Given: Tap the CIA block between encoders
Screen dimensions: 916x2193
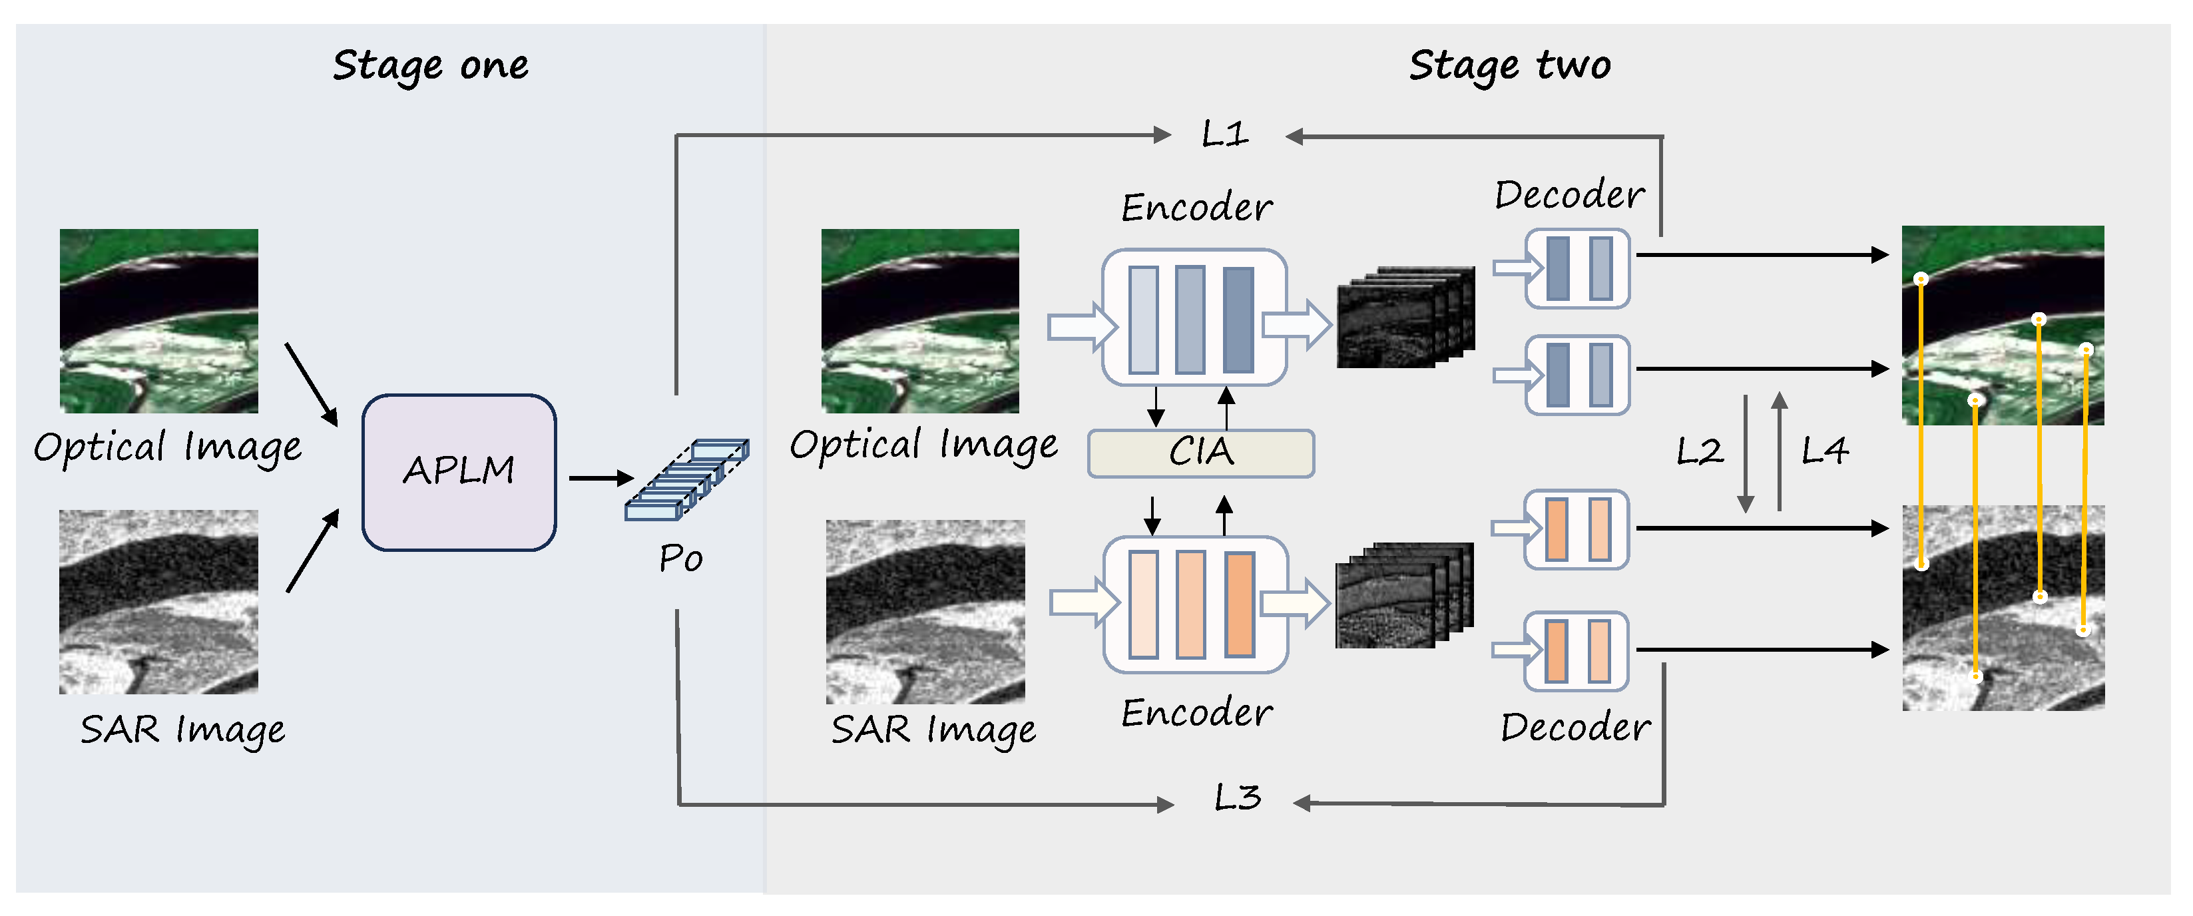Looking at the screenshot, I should pos(1200,452).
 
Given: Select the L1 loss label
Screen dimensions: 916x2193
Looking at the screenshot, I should pos(1224,134).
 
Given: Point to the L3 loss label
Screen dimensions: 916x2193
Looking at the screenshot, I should pos(1236,798).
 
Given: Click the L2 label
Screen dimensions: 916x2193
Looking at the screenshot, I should pos(1698,451).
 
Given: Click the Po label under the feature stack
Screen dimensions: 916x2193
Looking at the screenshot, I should pos(680,559).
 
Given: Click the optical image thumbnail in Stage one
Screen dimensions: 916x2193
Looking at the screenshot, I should pos(159,320).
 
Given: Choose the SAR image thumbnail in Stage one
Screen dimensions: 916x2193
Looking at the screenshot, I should pos(159,601).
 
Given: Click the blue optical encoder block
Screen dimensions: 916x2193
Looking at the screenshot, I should pos(1194,318).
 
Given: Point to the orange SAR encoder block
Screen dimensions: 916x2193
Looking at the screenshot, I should pos(1194,604).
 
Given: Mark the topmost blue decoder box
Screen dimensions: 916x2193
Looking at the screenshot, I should pos(1577,268).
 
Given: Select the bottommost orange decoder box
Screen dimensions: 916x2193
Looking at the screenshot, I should pos(1576,650).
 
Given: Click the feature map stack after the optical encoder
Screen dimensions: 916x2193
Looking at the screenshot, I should pos(1405,318).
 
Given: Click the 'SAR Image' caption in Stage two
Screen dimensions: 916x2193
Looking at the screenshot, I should pos(933,730).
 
